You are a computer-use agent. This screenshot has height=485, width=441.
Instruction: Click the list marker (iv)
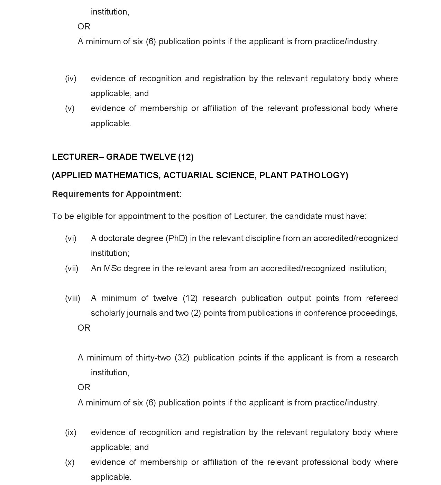(x=71, y=79)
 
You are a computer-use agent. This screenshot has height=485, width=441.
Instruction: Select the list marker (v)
(x=70, y=108)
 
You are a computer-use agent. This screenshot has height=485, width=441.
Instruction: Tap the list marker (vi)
(x=71, y=238)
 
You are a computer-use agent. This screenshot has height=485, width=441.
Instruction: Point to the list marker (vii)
(x=72, y=268)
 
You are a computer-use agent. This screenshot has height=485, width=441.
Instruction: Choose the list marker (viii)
(x=73, y=298)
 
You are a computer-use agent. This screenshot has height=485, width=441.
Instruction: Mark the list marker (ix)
(x=71, y=432)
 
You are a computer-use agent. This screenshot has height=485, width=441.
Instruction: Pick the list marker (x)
(x=70, y=462)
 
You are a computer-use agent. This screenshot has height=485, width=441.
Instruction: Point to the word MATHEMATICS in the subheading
(x=127, y=175)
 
